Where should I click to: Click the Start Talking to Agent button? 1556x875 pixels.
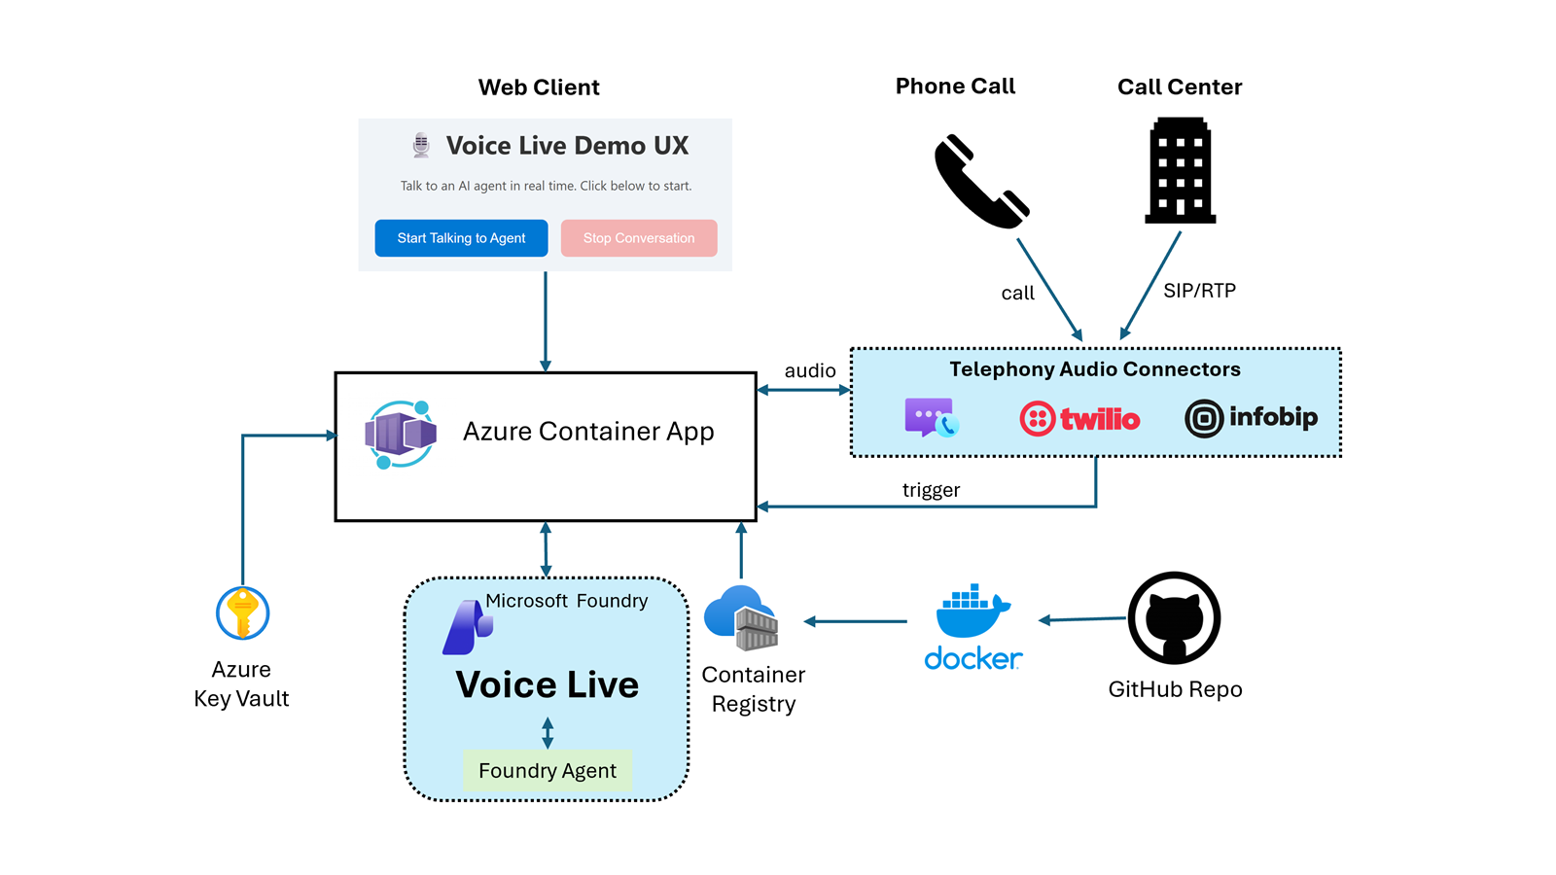[x=461, y=238]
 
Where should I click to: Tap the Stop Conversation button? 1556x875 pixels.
[x=639, y=238]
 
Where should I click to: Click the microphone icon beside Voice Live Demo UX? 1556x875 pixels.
[x=421, y=145]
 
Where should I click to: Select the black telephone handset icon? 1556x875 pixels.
[x=981, y=182]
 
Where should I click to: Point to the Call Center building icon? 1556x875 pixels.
[x=1181, y=171]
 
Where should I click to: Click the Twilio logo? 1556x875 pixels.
[x=1079, y=419]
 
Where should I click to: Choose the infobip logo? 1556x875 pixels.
[x=1251, y=418]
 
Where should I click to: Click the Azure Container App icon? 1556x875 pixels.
[x=401, y=434]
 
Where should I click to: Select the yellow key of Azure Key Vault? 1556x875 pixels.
[x=242, y=613]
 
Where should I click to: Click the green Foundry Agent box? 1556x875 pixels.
[x=548, y=770]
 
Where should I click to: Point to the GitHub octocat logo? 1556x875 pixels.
[x=1174, y=618]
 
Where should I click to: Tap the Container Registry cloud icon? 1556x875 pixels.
[x=741, y=618]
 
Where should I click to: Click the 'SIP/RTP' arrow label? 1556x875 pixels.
[x=1200, y=291]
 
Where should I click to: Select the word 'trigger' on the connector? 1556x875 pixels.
[x=931, y=490]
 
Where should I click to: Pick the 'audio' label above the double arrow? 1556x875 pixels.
[x=810, y=370]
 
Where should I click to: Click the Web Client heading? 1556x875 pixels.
[x=539, y=87]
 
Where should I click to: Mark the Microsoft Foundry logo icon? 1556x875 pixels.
[x=468, y=627]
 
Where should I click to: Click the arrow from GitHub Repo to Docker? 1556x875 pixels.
[x=1082, y=618]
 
